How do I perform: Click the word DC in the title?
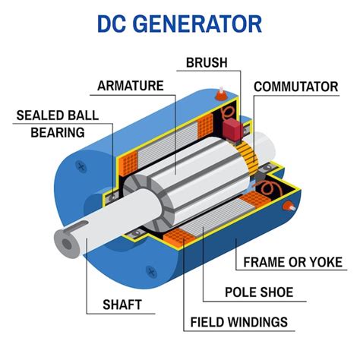pyautogui.click(x=115, y=24)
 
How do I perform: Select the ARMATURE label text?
pyautogui.click(x=131, y=86)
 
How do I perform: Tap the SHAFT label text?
pyautogui.click(x=122, y=305)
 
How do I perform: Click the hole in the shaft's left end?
pyautogui.click(x=68, y=245)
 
